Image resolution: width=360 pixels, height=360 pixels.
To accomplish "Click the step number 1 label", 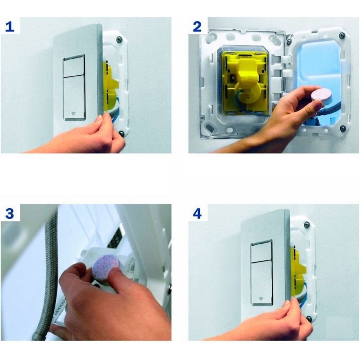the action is pos(9,27).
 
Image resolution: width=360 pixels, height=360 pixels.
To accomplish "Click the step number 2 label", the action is pos(197,27).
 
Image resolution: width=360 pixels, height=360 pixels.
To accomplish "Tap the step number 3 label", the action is pos(9,213).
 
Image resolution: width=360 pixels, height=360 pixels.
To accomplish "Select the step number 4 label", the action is pos(197,213).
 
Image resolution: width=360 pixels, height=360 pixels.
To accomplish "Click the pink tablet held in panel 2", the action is pos(322,96).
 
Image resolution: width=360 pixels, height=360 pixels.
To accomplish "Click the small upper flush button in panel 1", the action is pos(74,65).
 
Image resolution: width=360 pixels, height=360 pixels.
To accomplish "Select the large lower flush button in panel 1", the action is pos(74,98).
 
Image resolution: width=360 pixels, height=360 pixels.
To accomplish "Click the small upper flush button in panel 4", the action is pos(261,251).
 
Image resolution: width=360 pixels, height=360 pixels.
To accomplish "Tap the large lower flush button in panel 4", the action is pos(262,283).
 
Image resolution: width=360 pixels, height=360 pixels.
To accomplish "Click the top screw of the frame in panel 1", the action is pos(119,39).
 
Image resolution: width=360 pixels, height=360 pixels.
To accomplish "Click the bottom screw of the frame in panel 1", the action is pos(121,133).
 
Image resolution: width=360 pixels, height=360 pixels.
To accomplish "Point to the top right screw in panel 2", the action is pos(342,35).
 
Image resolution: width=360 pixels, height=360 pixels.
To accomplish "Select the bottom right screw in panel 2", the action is pos(343,128).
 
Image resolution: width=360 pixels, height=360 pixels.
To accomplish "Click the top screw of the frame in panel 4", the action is pos(307,225).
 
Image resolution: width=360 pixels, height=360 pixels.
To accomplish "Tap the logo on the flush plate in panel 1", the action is pos(74,113).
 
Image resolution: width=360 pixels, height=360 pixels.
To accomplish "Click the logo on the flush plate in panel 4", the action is pos(261,299).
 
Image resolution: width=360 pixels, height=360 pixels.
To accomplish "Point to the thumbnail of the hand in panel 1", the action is pos(99,120).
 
